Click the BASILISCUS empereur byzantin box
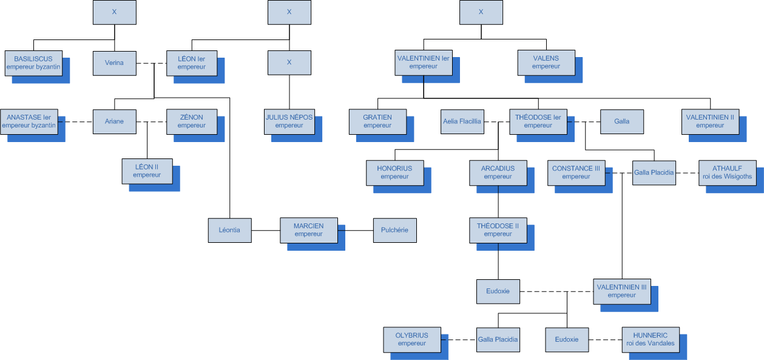pos(33,63)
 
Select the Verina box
pos(114,63)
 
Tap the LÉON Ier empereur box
pos(192,63)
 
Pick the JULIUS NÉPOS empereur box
pos(289,121)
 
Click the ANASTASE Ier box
pos(29,121)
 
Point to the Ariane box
pos(114,121)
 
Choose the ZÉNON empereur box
pos(192,121)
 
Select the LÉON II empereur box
pos(147,171)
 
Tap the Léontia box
pos(229,230)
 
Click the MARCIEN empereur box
pos(309,230)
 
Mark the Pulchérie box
pos(395,230)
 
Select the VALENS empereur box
pos(546,63)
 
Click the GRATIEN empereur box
pos(377,121)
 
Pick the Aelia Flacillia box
pos(462,121)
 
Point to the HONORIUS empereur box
pos(394,172)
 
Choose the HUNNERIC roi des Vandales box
pos(651,339)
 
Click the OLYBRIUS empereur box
pos(412,339)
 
